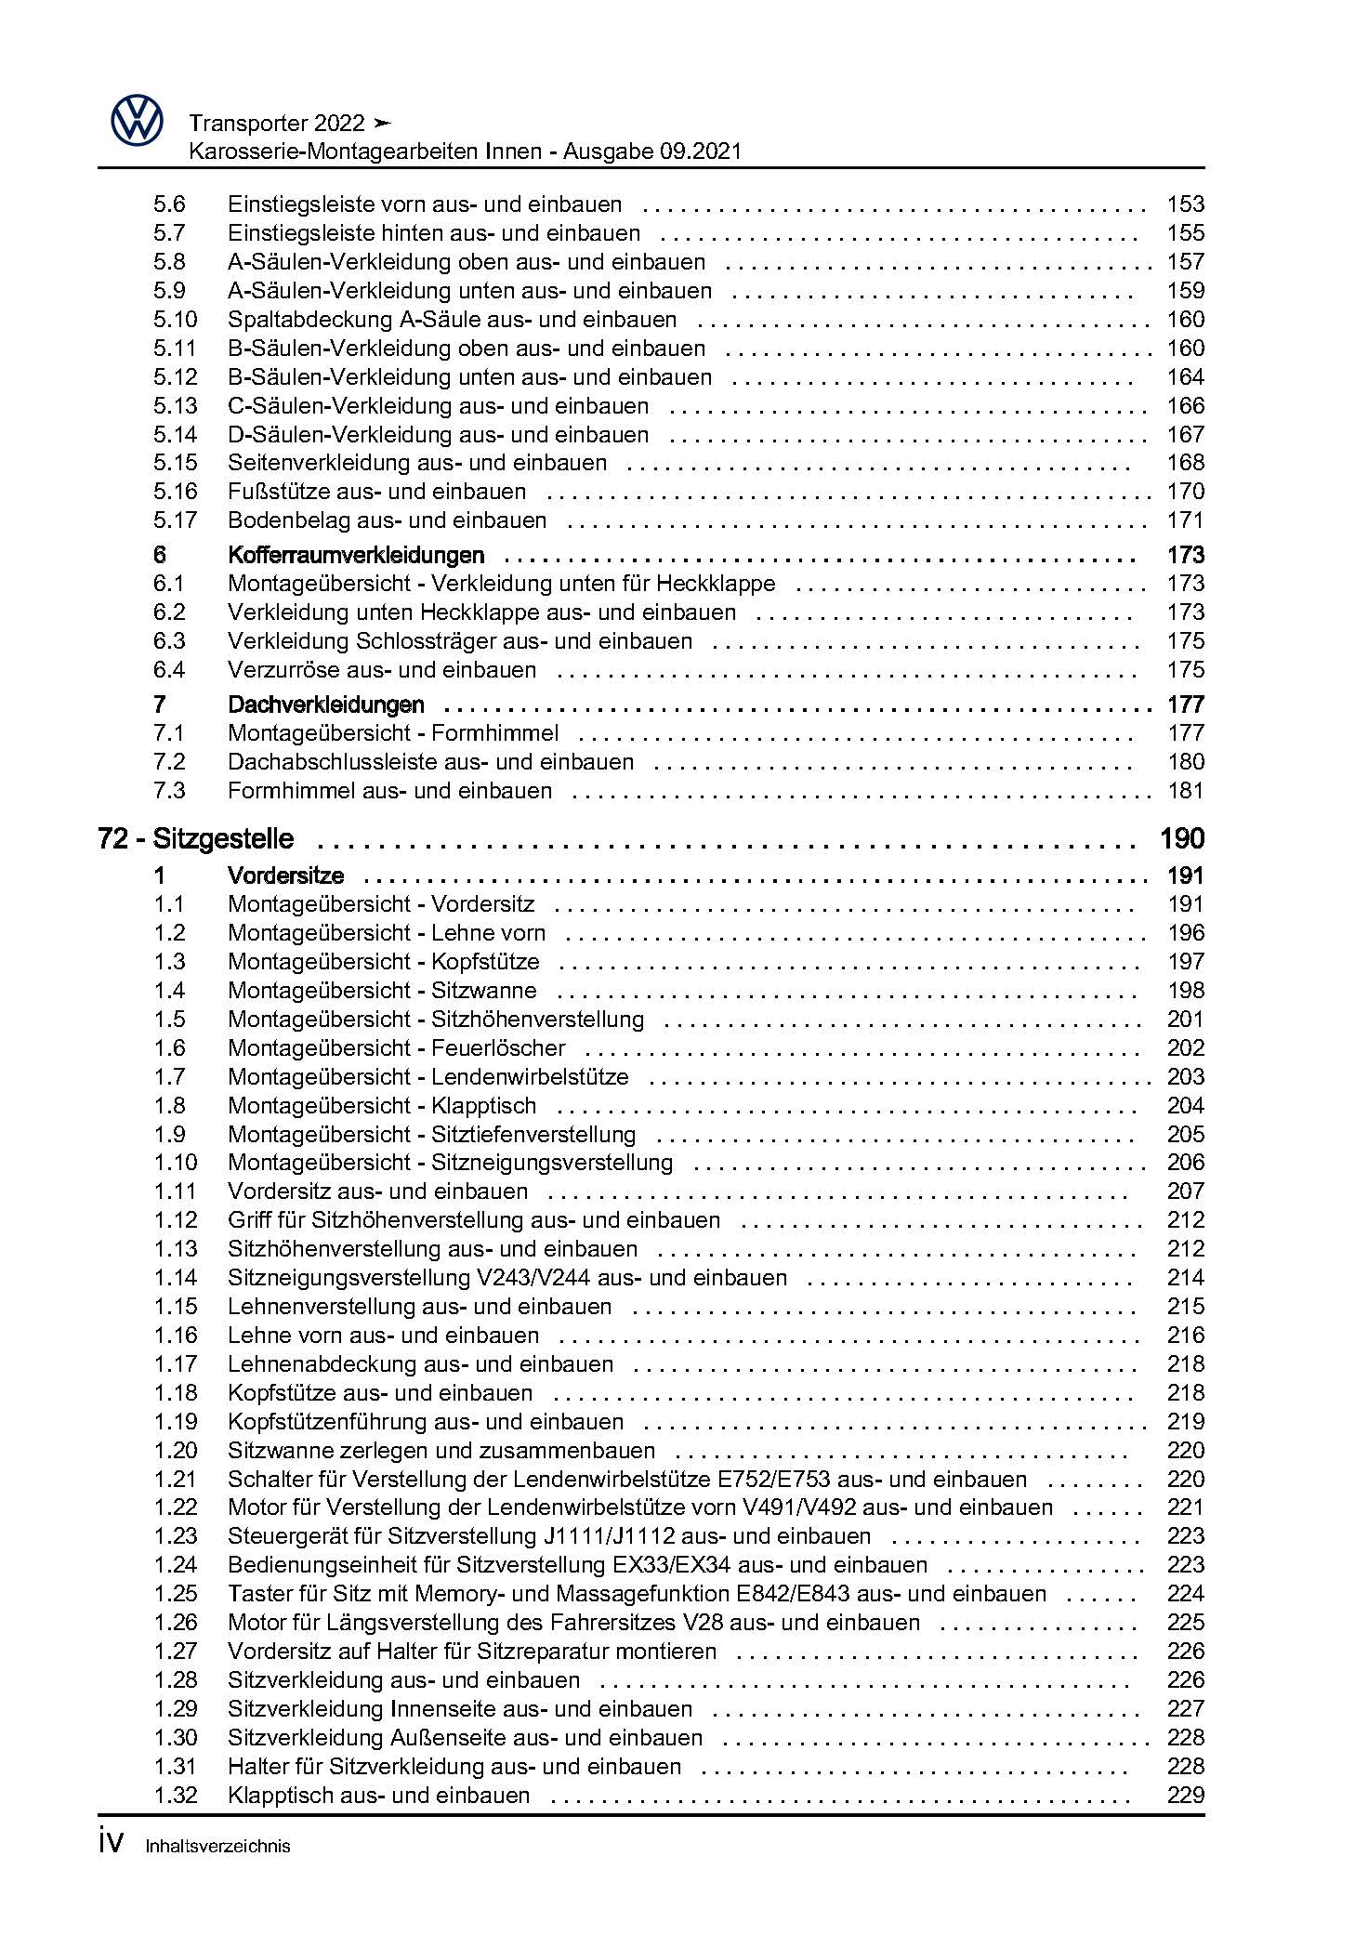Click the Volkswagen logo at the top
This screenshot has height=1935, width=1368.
click(137, 122)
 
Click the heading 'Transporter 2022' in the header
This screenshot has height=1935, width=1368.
click(276, 123)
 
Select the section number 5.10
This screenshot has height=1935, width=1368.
click(176, 320)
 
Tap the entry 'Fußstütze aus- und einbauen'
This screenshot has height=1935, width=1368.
click(376, 492)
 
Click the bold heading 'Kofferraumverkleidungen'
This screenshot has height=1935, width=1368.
click(356, 556)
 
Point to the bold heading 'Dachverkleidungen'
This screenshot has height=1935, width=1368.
click(325, 704)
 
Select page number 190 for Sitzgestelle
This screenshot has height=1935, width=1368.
click(1181, 839)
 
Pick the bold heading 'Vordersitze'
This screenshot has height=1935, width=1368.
click(285, 875)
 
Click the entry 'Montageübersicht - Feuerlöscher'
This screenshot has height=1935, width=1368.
click(396, 1048)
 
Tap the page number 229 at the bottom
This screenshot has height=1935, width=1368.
click(1185, 1795)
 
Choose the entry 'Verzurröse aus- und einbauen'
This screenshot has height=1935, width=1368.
click(381, 670)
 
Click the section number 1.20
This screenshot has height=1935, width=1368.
click(176, 1450)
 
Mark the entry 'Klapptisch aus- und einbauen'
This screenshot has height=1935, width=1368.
click(378, 1795)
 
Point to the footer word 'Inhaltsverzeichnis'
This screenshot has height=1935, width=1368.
click(217, 1846)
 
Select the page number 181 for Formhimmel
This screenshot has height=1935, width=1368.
click(1185, 791)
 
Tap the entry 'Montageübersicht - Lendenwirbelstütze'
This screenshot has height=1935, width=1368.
click(427, 1077)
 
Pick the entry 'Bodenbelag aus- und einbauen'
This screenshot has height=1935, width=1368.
click(387, 520)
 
